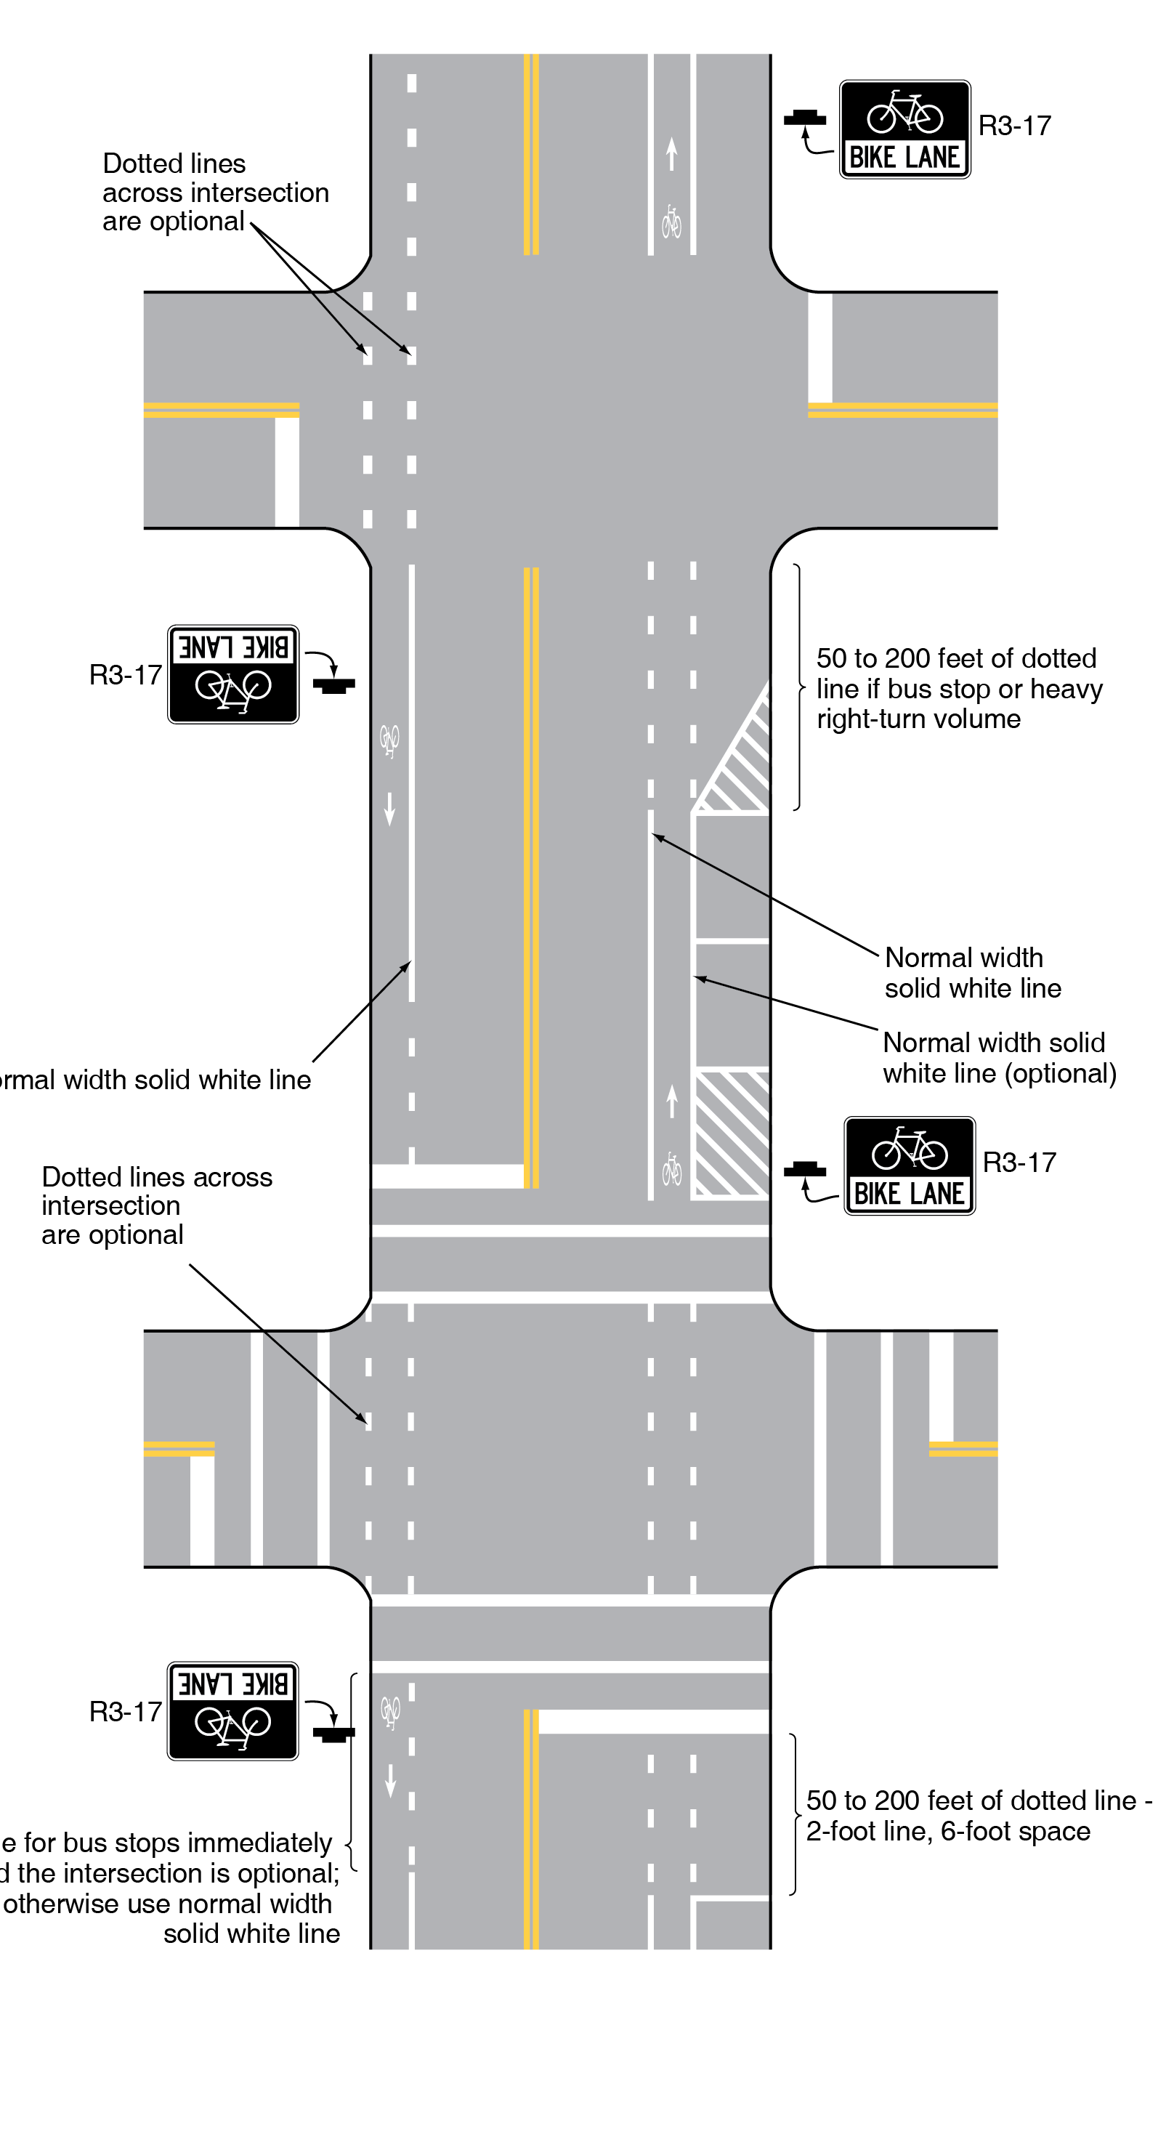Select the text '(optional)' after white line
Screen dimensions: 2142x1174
(1060, 1073)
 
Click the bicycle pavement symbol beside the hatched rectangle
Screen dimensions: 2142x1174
(672, 1169)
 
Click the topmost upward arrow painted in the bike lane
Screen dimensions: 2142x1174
(672, 154)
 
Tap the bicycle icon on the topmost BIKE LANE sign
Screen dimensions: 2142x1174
(904, 113)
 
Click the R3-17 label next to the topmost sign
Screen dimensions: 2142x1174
(1014, 126)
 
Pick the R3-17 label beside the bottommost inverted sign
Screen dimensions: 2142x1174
(126, 1711)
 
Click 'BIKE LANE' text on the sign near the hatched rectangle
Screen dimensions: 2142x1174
(910, 1193)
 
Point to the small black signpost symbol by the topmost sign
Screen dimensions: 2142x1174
(805, 119)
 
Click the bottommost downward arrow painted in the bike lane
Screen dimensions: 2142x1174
(390, 1780)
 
